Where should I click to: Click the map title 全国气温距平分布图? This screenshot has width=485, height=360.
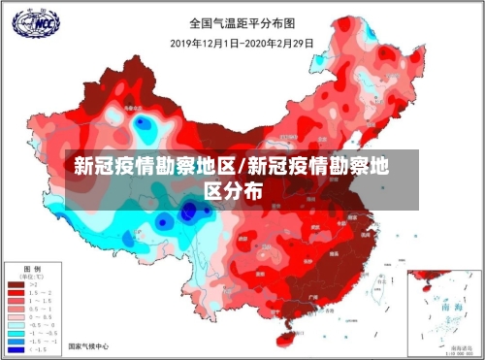tap(242, 21)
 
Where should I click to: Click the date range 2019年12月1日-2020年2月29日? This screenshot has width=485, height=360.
tap(242, 43)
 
